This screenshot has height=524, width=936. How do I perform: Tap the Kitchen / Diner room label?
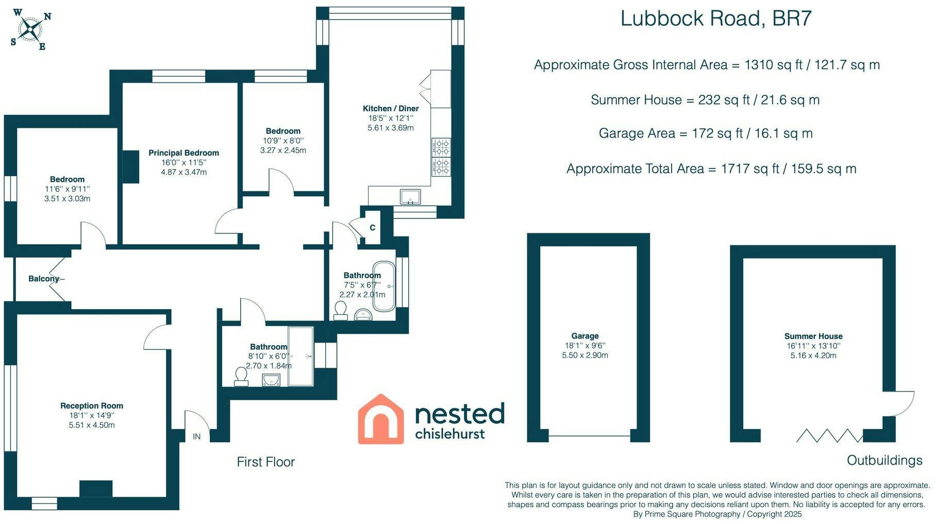(x=391, y=108)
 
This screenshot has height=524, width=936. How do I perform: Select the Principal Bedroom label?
(x=183, y=153)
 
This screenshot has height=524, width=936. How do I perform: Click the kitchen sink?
(x=410, y=197)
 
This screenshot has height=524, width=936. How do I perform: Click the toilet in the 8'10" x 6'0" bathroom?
(x=241, y=376)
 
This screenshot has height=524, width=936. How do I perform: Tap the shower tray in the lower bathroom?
(x=300, y=356)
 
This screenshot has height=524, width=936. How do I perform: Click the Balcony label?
(x=44, y=279)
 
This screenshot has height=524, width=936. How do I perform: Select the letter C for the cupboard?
(x=372, y=228)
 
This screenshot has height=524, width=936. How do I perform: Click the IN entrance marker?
(x=197, y=436)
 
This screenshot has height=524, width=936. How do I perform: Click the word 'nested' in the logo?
(x=459, y=413)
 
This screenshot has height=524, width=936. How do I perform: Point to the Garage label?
(x=585, y=335)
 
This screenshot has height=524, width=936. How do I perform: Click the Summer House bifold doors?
(x=829, y=435)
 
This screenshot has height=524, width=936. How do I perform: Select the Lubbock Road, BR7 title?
(x=716, y=18)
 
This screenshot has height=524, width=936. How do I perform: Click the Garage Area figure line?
(x=706, y=133)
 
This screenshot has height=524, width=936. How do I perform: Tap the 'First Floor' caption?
(x=265, y=462)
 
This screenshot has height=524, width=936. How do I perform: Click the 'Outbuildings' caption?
(x=884, y=460)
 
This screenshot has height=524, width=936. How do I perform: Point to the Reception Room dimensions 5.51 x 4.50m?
(x=92, y=425)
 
